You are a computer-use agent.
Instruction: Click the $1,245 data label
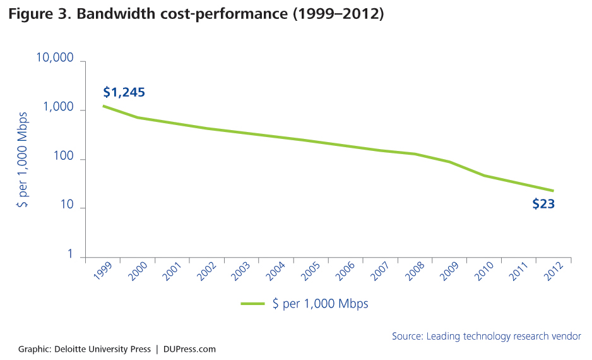[x=124, y=92]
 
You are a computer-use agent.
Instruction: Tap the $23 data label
[x=543, y=204]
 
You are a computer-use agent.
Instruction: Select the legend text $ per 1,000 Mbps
[x=320, y=304]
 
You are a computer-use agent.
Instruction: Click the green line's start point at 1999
[x=104, y=105]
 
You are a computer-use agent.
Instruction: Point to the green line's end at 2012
[x=554, y=191]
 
